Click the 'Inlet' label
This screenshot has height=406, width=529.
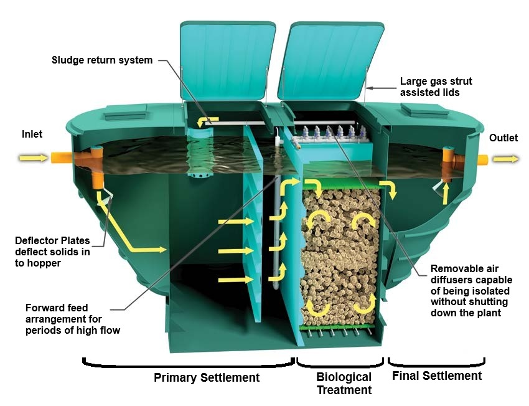pyautogui.click(x=32, y=134)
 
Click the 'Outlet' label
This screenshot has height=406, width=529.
pyautogui.click(x=503, y=138)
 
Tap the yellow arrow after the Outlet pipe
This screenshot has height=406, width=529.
pyautogui.click(x=505, y=159)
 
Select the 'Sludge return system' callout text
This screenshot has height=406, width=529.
pyautogui.click(x=102, y=60)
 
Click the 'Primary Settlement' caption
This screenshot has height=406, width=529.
pyautogui.click(x=207, y=377)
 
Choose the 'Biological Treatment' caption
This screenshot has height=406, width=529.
pyautogui.click(x=344, y=384)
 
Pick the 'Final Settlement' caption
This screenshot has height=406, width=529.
pyautogui.click(x=437, y=375)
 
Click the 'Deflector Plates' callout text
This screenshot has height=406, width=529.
pyautogui.click(x=53, y=251)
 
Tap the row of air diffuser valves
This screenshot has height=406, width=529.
pyautogui.click(x=336, y=133)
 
